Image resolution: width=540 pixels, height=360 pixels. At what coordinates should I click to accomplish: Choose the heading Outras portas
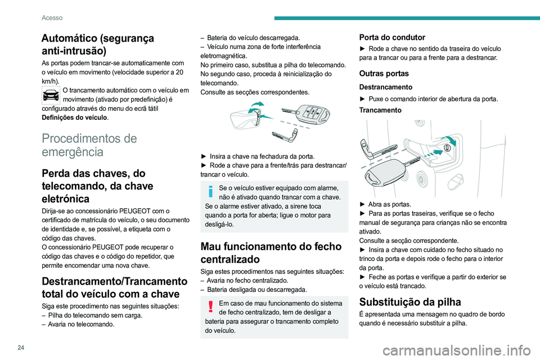click(384, 73)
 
